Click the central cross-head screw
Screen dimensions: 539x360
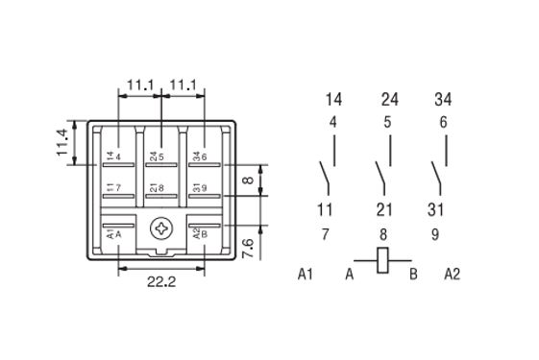pos(161,228)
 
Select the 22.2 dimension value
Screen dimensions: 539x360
pos(161,282)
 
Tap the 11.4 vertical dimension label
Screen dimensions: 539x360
pos(62,142)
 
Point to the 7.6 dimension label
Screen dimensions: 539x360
pos(248,248)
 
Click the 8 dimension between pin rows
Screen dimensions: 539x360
pos(248,180)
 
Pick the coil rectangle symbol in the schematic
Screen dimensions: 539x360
pos(382,260)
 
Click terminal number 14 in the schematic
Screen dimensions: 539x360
pos(333,100)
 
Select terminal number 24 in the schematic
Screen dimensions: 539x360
pos(390,100)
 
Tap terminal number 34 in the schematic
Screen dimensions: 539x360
pos(443,100)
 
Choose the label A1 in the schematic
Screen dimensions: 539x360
pos(306,275)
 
